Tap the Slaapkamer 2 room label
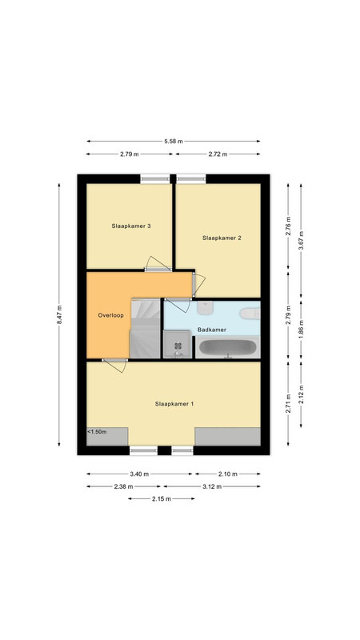coord(222,238)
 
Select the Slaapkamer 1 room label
coord(174,404)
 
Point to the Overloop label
coord(110,315)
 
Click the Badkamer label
coord(212,330)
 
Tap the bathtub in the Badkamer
coord(228,348)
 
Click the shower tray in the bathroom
coord(177,345)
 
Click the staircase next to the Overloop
coord(145,329)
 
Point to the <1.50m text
coord(97,432)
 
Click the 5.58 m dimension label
coord(174,142)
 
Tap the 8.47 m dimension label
coord(59,314)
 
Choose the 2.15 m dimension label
coord(162,498)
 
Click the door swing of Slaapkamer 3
coord(158,263)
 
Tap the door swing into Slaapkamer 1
coord(114,366)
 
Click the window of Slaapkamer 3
coord(155,178)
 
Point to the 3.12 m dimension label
coord(212,486)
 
